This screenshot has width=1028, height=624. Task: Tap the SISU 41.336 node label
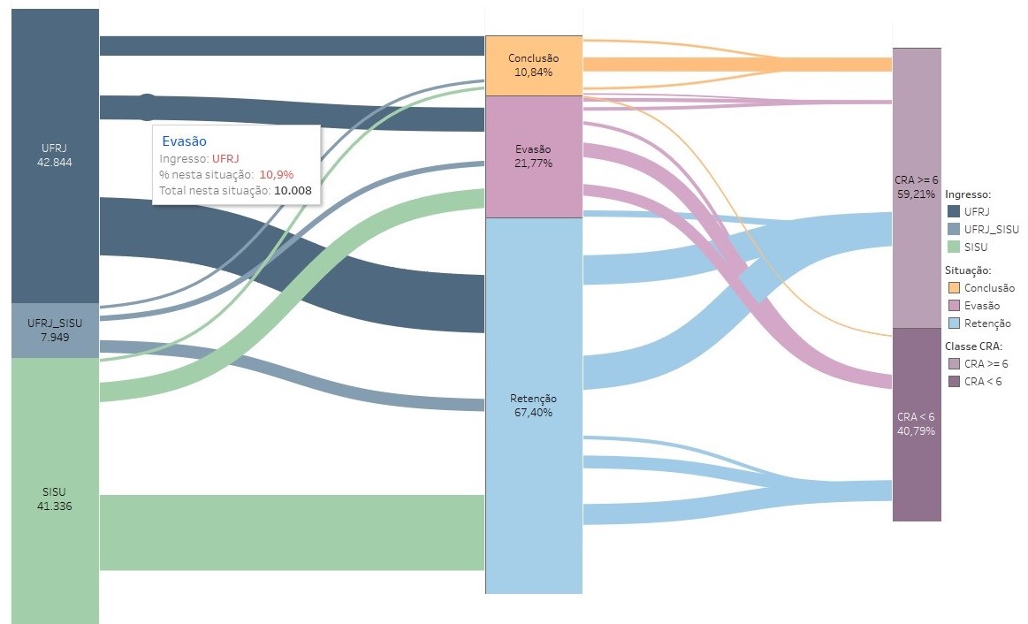pos(54,499)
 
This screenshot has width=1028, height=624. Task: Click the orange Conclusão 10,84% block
pos(533,65)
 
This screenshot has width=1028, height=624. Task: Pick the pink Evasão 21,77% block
pos(533,156)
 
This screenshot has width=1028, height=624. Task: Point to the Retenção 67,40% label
pos(533,405)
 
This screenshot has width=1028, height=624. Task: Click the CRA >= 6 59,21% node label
pos(916,187)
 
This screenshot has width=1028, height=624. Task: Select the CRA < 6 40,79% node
pos(916,423)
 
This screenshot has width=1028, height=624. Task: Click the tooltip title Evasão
pos(184,141)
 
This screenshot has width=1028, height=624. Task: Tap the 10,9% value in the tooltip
pos(276,174)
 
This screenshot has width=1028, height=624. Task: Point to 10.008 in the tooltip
pos(293,190)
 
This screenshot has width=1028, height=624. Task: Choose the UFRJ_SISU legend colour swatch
pos(953,229)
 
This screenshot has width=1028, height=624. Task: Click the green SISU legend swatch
pos(953,247)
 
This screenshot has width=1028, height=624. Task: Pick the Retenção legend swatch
pos(953,323)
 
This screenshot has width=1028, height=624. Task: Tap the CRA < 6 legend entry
pos(982,382)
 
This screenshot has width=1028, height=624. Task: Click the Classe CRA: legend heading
pos(973,346)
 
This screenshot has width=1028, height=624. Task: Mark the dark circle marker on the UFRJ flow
pos(148,107)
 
